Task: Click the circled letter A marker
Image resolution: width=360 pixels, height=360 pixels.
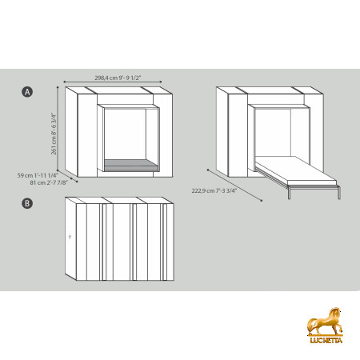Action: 27,92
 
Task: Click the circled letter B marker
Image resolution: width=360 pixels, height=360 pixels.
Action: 27,203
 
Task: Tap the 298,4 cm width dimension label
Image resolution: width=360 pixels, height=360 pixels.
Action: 118,78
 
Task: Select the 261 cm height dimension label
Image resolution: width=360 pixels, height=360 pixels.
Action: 54,134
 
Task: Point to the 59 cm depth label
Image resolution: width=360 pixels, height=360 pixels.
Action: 38,175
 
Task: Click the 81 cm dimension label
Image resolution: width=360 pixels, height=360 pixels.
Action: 49,182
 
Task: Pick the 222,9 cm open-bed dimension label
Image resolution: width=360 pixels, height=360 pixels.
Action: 214,190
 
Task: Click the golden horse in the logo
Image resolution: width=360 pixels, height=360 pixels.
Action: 325,322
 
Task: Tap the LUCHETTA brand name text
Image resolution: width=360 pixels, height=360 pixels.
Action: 326,340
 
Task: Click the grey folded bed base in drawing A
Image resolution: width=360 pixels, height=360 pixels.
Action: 131,166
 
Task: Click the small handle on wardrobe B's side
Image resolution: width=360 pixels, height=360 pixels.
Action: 70,237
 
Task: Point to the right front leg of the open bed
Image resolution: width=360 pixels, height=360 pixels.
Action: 339,192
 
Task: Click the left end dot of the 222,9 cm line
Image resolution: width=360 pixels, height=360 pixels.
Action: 208,170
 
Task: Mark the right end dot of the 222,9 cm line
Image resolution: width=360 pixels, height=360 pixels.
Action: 262,200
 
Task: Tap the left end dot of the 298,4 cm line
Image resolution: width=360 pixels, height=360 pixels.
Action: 64,82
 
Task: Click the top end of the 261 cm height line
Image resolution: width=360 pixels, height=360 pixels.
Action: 58,87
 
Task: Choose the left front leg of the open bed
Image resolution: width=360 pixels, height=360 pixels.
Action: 289,193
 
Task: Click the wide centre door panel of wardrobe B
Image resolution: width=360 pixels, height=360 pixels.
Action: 122,242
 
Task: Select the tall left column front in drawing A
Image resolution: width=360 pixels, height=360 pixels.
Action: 87,135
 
